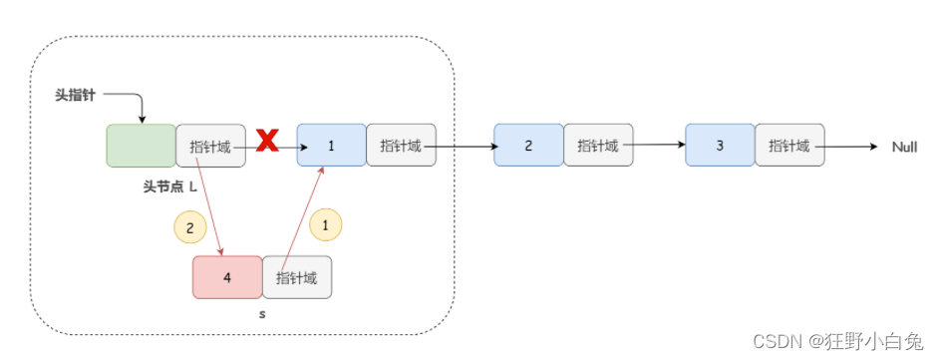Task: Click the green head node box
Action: coord(141,146)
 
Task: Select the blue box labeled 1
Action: coord(331,146)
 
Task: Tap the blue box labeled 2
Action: coord(528,146)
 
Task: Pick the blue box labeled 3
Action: coord(720,146)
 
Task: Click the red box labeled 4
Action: coord(227,277)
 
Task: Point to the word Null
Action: coord(904,147)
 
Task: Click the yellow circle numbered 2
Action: coord(189,226)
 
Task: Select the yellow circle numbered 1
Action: coord(325,224)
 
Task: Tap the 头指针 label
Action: coord(75,94)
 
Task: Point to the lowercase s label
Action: coord(262,314)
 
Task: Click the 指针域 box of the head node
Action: coord(210,146)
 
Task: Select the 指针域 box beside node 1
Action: coord(401,146)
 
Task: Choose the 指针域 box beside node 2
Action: coord(597,146)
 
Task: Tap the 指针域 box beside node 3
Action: coord(789,146)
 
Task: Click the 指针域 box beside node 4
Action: coord(297,277)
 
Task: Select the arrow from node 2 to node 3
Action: coord(658,145)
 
